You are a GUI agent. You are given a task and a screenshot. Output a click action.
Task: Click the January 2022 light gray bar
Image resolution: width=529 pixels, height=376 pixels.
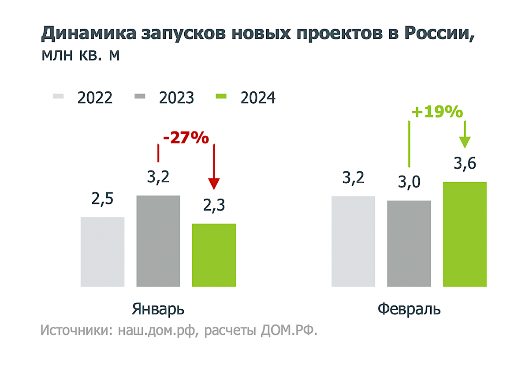point(103,252)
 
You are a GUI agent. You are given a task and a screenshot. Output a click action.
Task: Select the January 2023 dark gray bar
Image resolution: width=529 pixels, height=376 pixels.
point(158,241)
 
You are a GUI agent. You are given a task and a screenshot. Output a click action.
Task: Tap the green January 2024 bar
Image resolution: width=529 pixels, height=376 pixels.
point(214,255)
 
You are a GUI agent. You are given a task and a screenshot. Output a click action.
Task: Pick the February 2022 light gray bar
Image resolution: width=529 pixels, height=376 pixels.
point(353,241)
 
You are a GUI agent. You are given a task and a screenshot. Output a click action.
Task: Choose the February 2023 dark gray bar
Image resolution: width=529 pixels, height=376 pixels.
point(409,244)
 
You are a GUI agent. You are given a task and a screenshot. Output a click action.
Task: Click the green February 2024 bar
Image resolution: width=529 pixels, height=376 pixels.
point(465,234)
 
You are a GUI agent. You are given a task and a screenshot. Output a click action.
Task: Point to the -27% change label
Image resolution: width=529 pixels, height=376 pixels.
point(186,138)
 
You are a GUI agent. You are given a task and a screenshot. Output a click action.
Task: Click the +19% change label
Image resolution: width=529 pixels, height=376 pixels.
point(437,113)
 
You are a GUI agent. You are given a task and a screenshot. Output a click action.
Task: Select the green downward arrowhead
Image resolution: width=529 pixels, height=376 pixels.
point(465,142)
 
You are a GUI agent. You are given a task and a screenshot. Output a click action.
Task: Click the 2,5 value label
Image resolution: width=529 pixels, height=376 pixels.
point(103,199)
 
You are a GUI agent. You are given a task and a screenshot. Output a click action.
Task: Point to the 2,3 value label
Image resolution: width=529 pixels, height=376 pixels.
point(214,206)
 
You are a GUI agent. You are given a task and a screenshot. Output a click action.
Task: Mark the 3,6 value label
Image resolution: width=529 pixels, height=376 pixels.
point(465,164)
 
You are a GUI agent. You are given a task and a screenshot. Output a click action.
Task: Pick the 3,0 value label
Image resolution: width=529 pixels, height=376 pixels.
point(409,183)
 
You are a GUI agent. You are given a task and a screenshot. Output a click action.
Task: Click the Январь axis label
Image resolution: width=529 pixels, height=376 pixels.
point(158,309)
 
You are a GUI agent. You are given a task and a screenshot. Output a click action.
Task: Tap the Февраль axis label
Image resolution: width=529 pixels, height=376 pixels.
point(409,309)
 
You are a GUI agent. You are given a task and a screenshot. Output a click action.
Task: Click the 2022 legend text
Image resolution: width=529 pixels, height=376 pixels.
point(95,98)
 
